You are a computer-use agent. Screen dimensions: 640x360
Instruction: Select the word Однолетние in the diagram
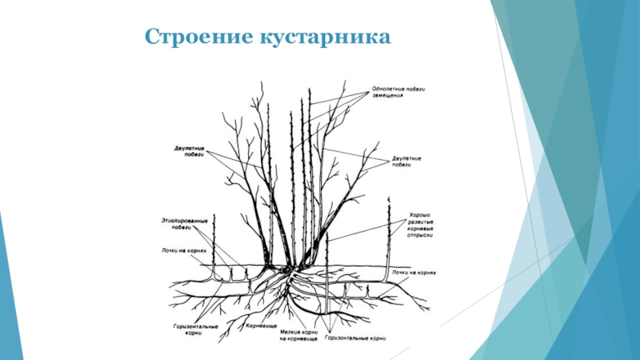pos(388,89)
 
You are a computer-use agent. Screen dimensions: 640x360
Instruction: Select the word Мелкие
pos(290,330)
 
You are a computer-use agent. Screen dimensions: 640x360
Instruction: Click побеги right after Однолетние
pos(414,89)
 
